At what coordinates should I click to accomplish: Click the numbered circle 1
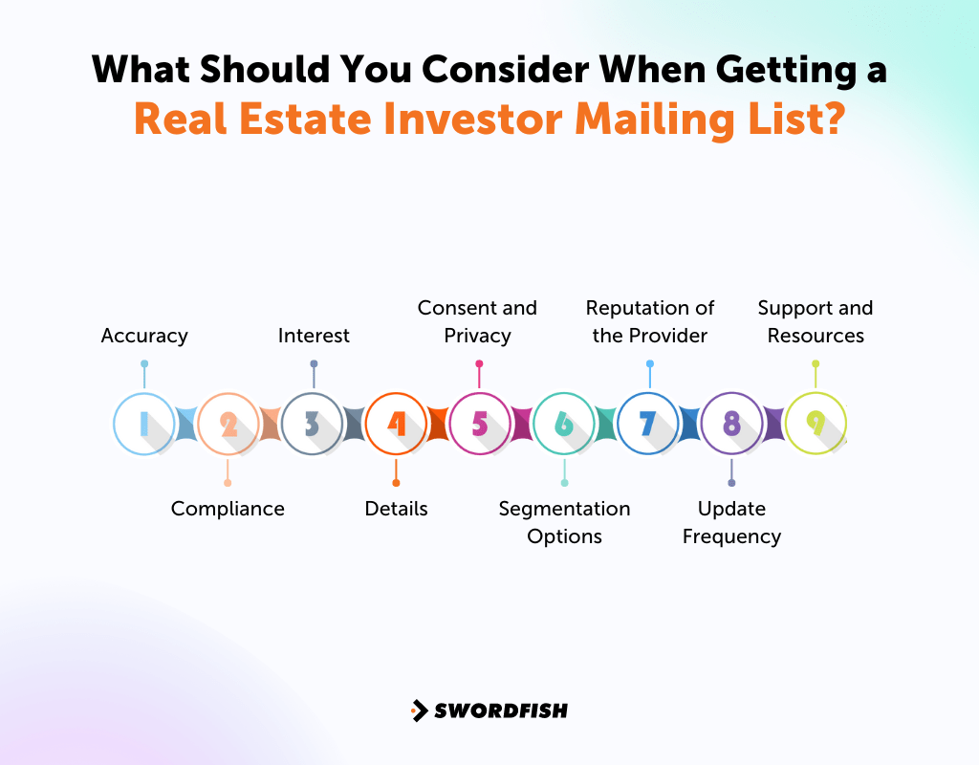[143, 424]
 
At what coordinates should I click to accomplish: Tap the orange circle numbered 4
[396, 424]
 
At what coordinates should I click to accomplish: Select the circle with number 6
[564, 424]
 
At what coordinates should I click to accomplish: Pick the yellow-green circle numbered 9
[816, 424]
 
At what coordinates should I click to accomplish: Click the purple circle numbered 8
[731, 424]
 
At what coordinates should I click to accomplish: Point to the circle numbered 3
[313, 424]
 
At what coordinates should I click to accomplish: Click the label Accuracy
[144, 336]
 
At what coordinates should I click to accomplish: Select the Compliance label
[228, 509]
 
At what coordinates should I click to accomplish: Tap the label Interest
[314, 336]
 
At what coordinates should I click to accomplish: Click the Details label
[396, 509]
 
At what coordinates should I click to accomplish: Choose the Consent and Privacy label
[477, 321]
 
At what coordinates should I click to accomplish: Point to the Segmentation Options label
[564, 522]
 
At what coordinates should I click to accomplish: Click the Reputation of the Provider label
[650, 321]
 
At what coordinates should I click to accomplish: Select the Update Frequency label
[731, 522]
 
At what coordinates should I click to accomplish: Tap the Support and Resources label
[816, 321]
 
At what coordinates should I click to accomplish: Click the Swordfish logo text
[501, 710]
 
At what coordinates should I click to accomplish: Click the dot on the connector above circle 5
[479, 363]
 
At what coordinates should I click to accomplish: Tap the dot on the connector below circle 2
[228, 483]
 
